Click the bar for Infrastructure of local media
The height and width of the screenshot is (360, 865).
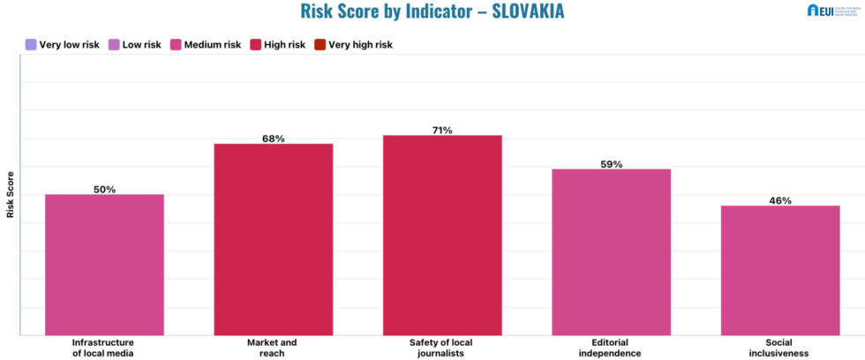pos(104,265)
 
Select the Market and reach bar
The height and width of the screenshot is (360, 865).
pos(273,239)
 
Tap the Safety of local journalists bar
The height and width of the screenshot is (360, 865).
pos(442,235)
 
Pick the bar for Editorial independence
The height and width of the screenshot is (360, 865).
pos(611,251)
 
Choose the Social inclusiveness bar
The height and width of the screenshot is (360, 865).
pos(779,270)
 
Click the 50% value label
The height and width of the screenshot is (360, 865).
pos(104,189)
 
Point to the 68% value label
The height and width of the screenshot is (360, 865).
pos(273,139)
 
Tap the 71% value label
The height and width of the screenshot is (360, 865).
pos(442,131)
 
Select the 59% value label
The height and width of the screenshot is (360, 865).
pos(611,164)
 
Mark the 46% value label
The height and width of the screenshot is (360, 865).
pos(779,200)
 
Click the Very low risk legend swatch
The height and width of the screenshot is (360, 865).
pos(31,44)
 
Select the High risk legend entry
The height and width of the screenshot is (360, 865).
pos(277,44)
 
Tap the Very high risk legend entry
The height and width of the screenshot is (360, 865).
pos(353,44)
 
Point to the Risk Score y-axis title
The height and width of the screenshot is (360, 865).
pos(11,194)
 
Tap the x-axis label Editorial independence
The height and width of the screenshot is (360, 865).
pos(611,347)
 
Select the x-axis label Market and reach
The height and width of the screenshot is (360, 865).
pos(273,347)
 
